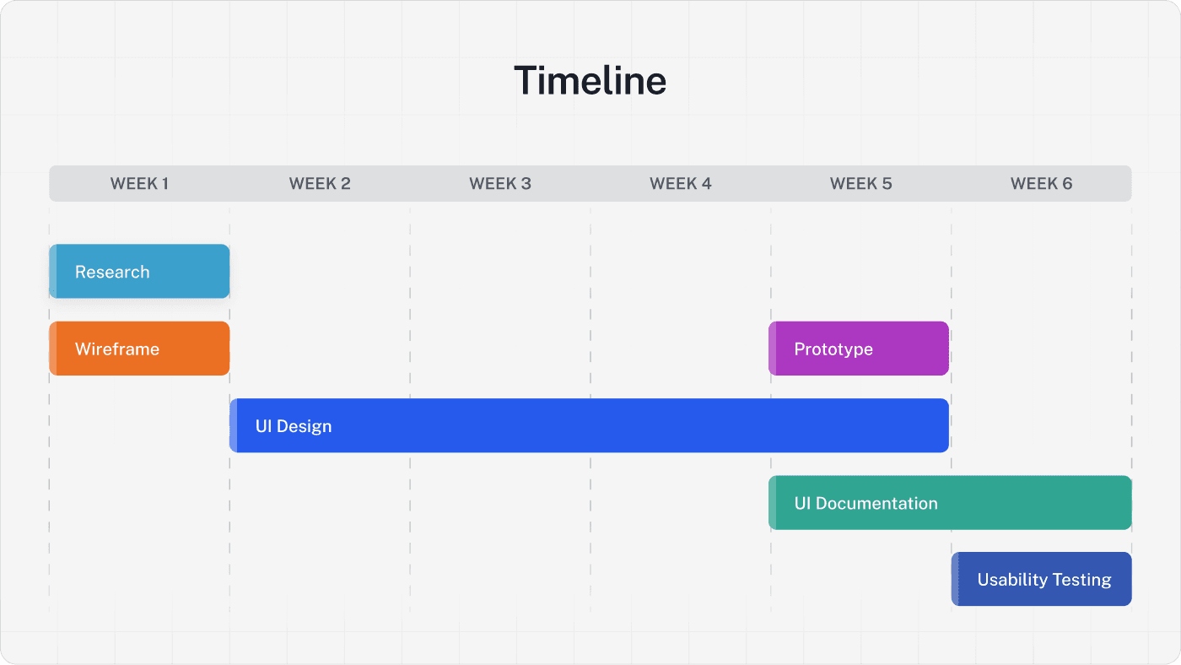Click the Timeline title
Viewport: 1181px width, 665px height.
[x=590, y=81]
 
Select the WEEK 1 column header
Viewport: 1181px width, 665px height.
[x=139, y=183]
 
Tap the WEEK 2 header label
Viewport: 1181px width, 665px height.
[x=320, y=183]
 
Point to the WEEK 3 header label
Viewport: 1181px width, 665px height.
[x=500, y=183]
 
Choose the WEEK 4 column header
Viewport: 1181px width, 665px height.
[x=681, y=183]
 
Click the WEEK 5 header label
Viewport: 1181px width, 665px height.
[x=860, y=183]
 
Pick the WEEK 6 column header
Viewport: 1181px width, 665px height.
[x=1041, y=183]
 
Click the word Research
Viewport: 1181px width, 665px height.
[x=112, y=272]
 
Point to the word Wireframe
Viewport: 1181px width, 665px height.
[x=117, y=349]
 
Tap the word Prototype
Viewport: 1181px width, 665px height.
[x=833, y=349]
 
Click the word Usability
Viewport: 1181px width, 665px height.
[x=1010, y=580]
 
